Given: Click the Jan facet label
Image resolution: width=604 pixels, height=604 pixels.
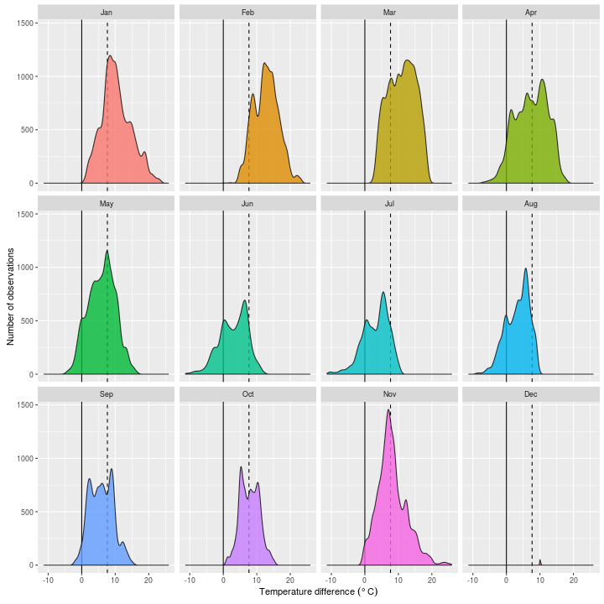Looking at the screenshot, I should tap(107, 13).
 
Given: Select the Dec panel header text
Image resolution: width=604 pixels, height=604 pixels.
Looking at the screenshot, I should tap(531, 393).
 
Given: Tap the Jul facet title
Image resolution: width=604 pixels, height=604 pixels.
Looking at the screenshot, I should tap(389, 203).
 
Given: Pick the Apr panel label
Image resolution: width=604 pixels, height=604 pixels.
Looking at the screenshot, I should tap(531, 13).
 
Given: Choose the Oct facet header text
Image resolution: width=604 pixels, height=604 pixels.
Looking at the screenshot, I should tap(248, 393).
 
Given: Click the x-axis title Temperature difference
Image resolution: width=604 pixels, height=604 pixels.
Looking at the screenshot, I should tap(319, 592).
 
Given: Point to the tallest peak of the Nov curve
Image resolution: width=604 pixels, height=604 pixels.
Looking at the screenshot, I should tap(388, 410).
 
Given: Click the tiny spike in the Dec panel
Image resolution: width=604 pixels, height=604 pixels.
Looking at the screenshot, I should tap(539, 560).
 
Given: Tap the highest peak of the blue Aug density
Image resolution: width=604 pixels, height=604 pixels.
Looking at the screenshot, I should tap(526, 268).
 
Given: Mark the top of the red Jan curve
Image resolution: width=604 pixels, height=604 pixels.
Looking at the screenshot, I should tap(110, 56).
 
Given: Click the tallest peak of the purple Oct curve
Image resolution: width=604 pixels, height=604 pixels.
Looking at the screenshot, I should tap(241, 467).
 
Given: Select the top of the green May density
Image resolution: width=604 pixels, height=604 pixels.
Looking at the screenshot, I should tap(107, 250).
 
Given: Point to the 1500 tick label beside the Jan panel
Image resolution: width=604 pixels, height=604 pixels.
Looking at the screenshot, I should tap(26, 23).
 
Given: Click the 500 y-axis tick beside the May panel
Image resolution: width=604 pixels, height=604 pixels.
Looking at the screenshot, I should tap(29, 320).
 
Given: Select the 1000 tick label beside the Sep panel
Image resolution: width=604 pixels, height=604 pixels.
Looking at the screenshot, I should tap(26, 458).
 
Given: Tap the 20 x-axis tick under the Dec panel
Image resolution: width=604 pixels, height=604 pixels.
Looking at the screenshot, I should tap(573, 579).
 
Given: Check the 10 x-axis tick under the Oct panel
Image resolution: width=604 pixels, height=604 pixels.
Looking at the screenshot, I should tap(257, 579).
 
